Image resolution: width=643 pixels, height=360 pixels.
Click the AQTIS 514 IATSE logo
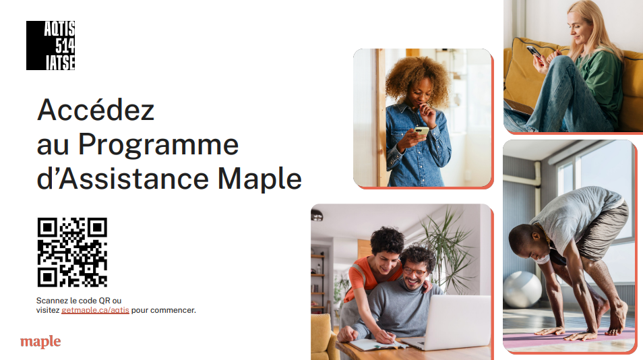[51, 46]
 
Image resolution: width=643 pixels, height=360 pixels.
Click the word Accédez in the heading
[96, 109]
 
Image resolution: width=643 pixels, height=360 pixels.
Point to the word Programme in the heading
[158, 145]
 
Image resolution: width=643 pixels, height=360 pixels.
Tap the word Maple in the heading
[259, 179]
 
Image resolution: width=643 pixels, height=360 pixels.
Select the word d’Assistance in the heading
[123, 179]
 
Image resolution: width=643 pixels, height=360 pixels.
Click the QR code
[72, 252]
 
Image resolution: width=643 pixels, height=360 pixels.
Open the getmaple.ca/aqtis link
[95, 310]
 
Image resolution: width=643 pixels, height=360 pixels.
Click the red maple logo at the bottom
[40, 342]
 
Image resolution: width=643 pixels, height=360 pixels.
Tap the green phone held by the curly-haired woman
[421, 131]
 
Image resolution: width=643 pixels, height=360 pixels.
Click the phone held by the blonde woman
[534, 51]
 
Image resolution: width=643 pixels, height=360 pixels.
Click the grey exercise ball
[522, 289]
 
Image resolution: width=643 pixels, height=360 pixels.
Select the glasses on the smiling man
[415, 272]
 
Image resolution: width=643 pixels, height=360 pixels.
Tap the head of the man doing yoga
[526, 243]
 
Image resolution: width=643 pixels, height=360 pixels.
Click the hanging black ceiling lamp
[317, 214]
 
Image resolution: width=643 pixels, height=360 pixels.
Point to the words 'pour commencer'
[164, 310]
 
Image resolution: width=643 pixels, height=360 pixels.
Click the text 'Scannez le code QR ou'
[79, 301]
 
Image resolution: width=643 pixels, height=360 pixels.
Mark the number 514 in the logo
[65, 46]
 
